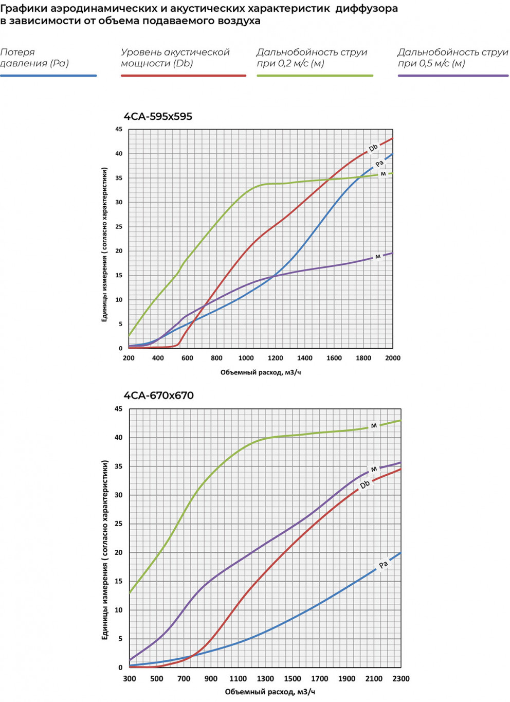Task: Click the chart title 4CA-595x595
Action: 158,117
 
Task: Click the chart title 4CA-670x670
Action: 158,395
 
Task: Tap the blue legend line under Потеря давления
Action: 48,76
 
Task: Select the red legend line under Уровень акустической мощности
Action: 183,76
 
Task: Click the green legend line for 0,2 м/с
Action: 315,76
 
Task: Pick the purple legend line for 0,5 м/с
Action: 453,76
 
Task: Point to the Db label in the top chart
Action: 373,148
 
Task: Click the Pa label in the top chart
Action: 379,164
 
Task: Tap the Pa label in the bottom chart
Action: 383,565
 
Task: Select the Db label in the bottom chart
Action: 365,484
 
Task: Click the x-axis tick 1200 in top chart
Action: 276,358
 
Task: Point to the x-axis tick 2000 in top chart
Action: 393,358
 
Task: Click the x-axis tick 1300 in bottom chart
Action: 265,678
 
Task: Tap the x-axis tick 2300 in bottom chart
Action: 401,678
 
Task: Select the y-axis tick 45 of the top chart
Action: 119,130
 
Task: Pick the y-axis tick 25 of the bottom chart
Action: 119,524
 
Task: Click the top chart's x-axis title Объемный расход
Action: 261,372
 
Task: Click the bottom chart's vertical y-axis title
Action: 105,550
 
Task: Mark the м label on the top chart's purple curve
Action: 378,256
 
